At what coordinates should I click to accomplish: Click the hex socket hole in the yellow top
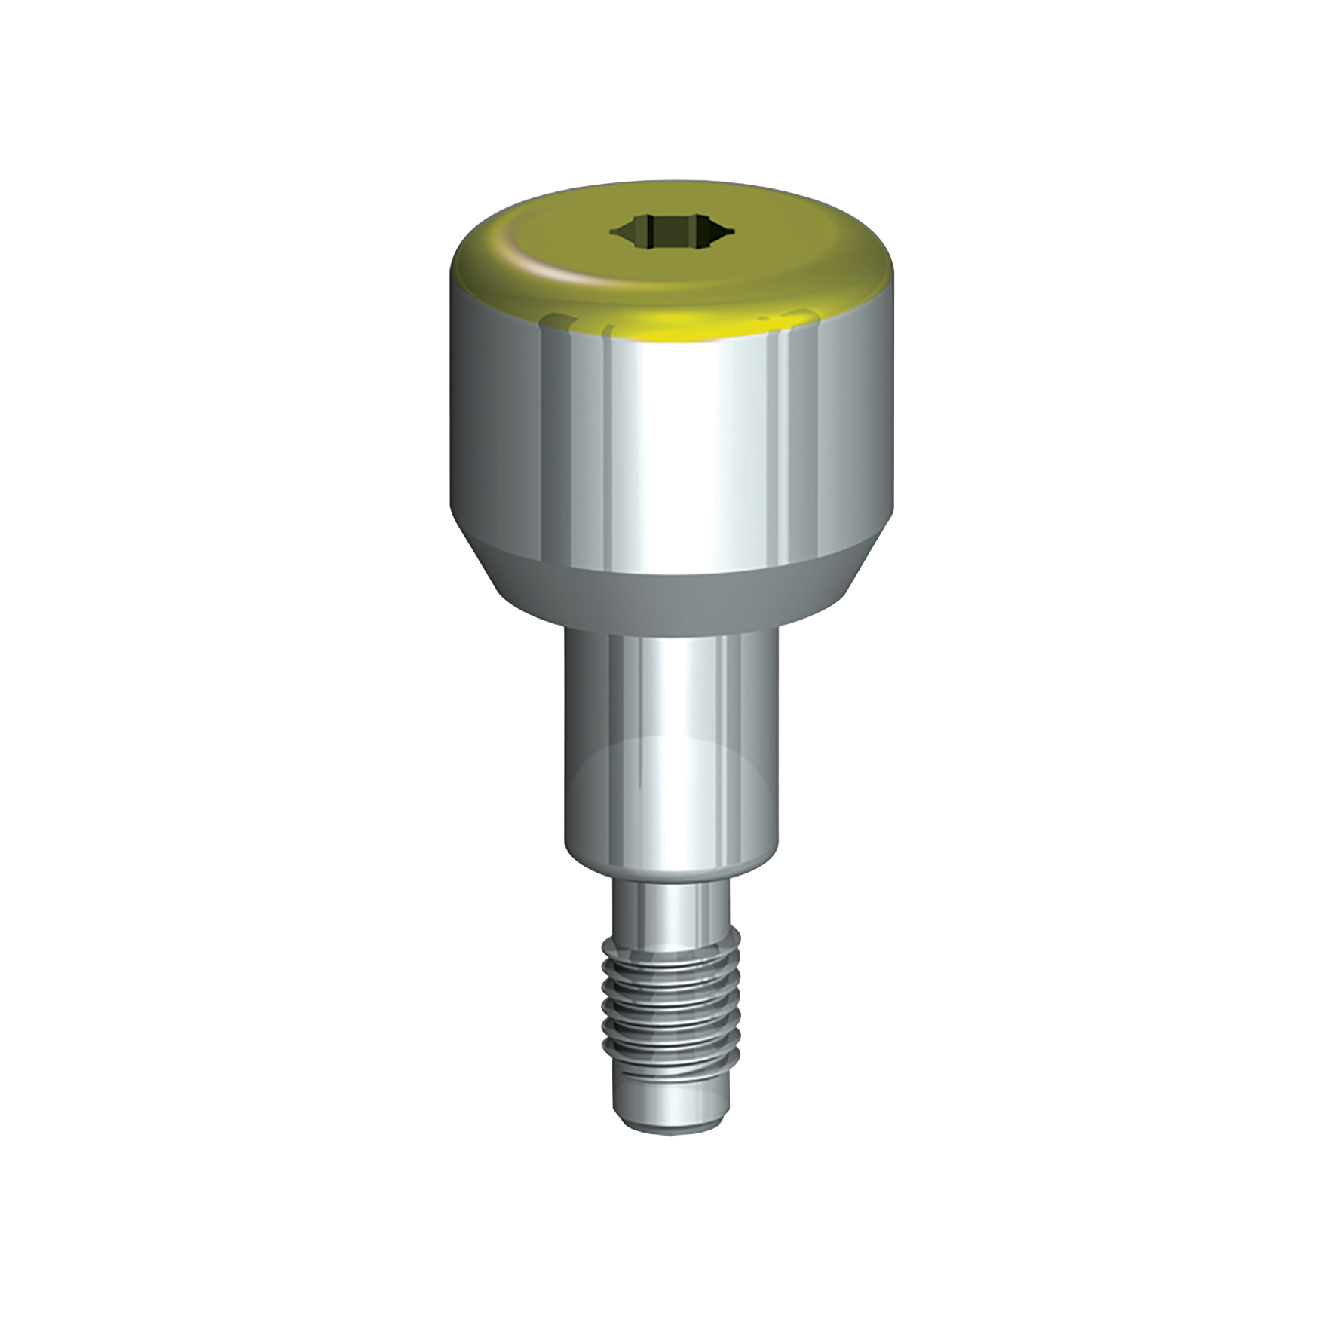pos(667,231)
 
